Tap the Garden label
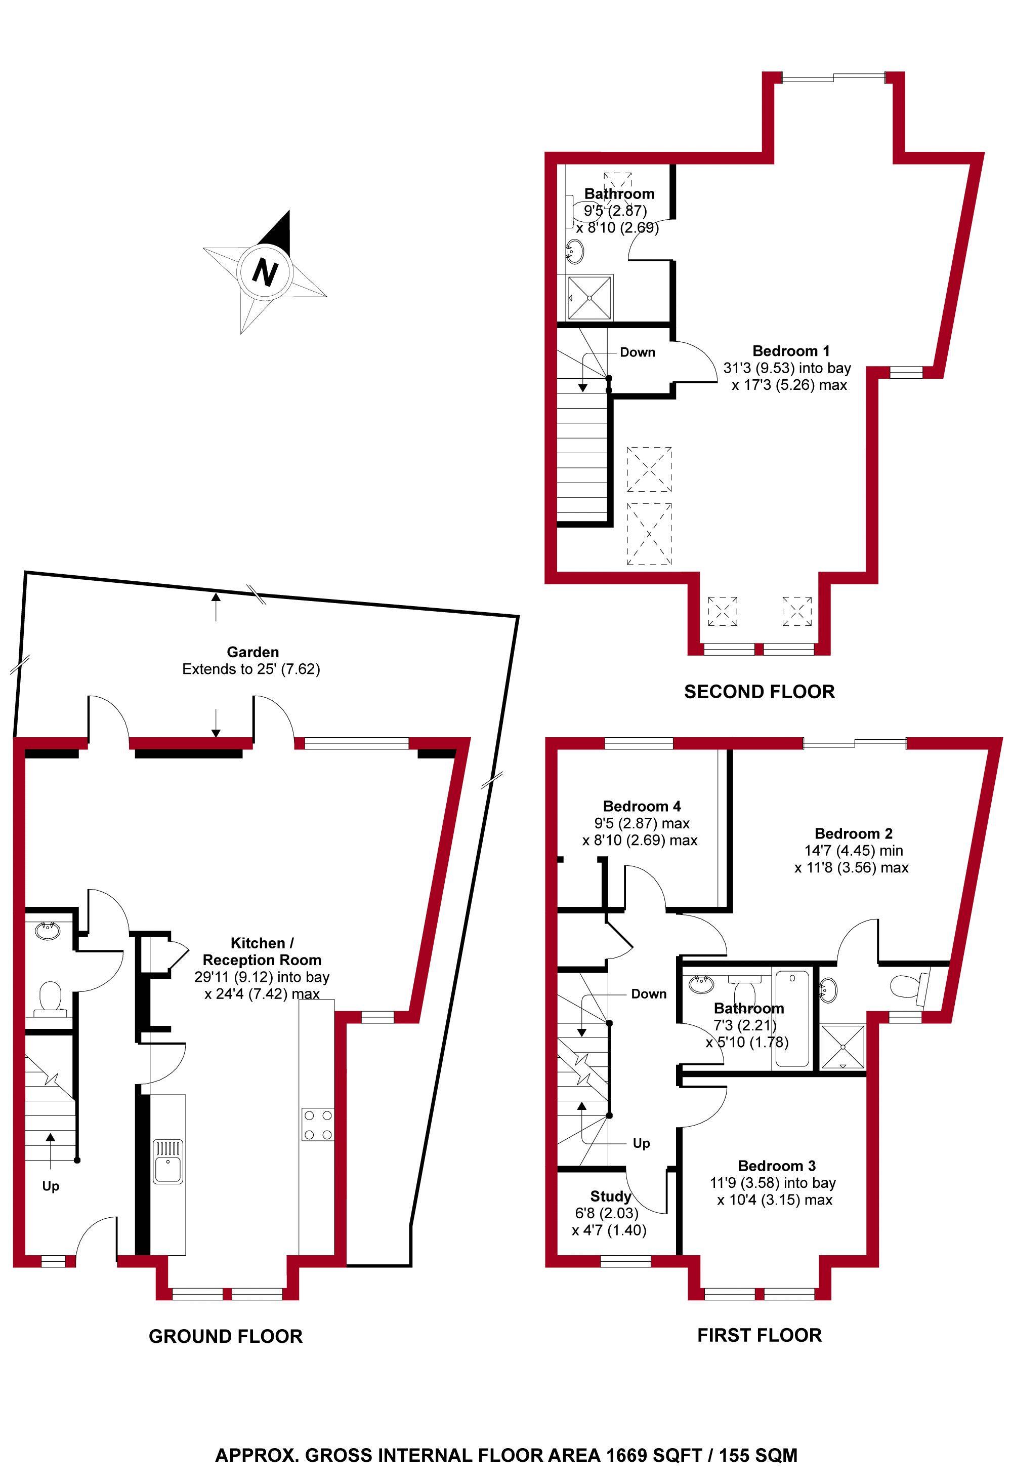coord(253,652)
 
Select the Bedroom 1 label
coord(791,350)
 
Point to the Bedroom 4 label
coord(642,806)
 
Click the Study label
coord(611,1196)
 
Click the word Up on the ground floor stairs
coord(50,1186)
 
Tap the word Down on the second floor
coord(637,352)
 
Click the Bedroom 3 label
coord(776,1166)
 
